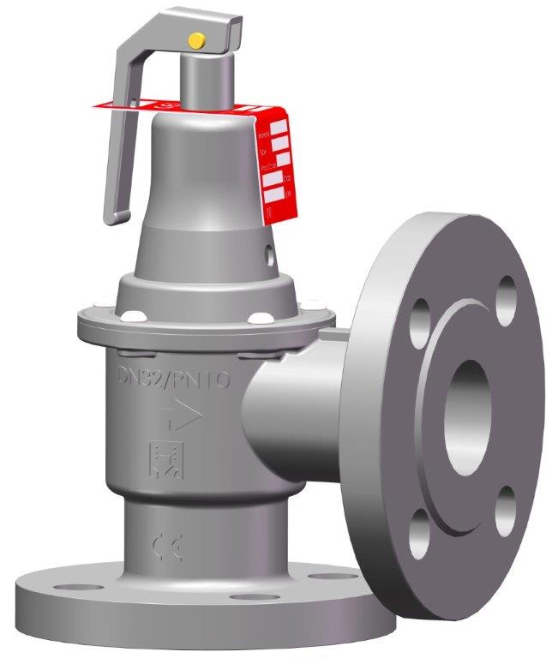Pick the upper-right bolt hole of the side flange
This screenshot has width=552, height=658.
(507, 292)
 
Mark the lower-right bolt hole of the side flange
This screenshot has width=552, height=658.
(506, 503)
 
